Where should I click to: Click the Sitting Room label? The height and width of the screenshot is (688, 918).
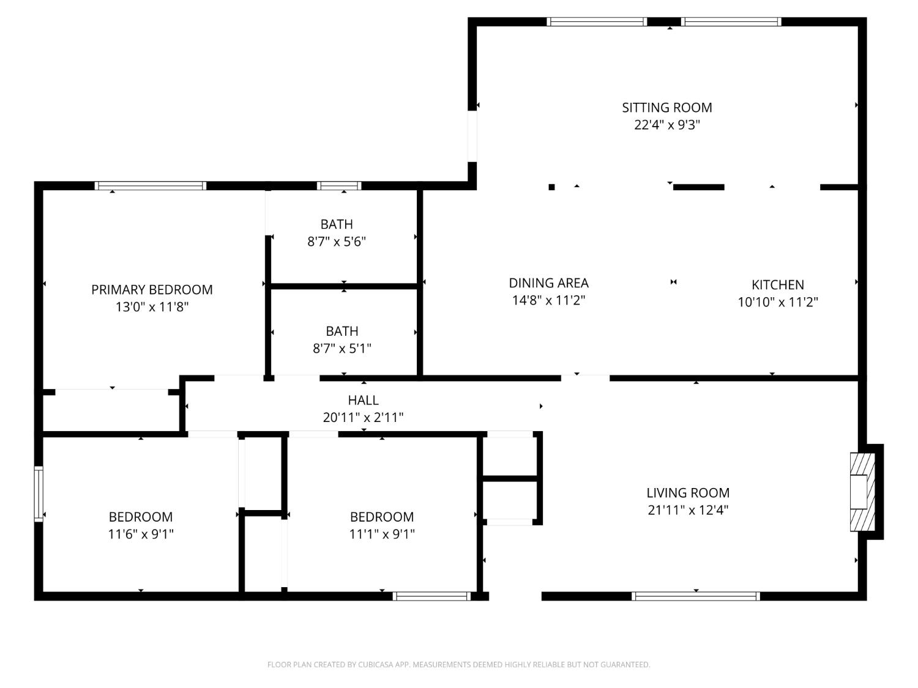[x=666, y=108]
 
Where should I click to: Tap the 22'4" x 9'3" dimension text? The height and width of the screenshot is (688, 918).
[x=666, y=125]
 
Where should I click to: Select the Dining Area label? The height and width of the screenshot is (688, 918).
[x=548, y=283]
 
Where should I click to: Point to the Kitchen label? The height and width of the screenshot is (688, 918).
[x=777, y=285]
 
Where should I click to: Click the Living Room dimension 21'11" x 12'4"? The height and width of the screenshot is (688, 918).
[x=688, y=510]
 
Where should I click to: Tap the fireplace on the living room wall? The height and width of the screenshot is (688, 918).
[x=863, y=492]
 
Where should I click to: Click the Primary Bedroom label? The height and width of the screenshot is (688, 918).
[x=152, y=290]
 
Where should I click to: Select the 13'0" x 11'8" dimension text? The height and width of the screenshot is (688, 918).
[x=152, y=307]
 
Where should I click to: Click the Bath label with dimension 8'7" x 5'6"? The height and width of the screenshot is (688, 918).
[x=337, y=224]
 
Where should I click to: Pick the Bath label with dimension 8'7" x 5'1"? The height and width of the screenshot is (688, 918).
[x=341, y=331]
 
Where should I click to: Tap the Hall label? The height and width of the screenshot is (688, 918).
[x=363, y=401]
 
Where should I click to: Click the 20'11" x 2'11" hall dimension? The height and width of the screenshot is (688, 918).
[x=363, y=418]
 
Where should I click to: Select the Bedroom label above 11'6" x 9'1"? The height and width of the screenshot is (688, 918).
[x=141, y=517]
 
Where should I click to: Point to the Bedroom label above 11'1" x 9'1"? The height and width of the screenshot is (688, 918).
[x=382, y=517]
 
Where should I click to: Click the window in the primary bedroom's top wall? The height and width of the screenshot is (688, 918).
[x=151, y=186]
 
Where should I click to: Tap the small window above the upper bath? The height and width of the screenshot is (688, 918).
[x=339, y=186]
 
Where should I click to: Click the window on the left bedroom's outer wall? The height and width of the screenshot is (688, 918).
[x=39, y=494]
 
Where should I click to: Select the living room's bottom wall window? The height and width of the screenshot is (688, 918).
[x=696, y=596]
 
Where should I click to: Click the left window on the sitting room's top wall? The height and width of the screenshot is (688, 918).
[x=597, y=22]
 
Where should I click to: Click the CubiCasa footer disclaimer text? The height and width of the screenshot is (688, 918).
[x=458, y=665]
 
